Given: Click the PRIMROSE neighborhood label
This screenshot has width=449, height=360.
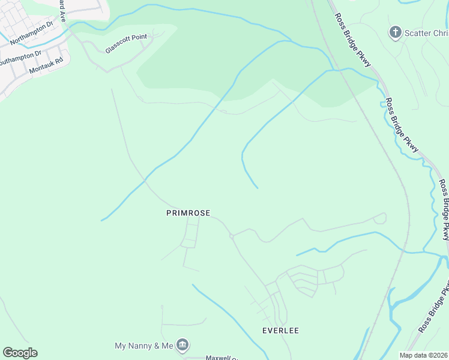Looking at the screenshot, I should (x=188, y=213).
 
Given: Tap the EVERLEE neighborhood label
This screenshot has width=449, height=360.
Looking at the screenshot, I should (x=280, y=331).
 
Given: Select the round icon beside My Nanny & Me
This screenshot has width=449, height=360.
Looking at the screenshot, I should (x=183, y=345).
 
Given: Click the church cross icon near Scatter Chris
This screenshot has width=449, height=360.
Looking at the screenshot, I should (x=395, y=32).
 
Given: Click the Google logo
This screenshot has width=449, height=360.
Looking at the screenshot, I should (x=20, y=353).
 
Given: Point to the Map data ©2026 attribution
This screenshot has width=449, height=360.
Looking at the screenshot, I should (x=423, y=355).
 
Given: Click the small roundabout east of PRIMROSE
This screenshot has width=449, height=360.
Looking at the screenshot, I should (x=232, y=236).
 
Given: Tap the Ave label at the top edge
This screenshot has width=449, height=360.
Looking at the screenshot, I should (x=62, y=8).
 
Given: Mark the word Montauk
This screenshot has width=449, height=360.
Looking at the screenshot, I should (x=41, y=67).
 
